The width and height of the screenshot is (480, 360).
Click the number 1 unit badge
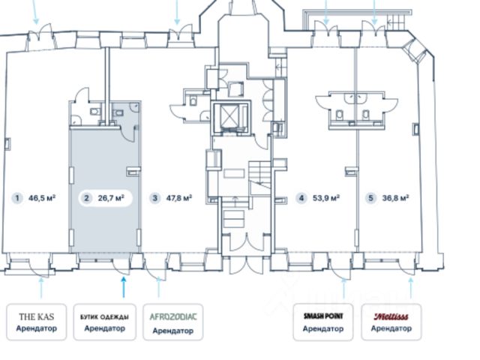point(17,198)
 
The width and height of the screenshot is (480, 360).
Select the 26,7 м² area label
point(111,198)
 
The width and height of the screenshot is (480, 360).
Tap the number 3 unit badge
point(155,198)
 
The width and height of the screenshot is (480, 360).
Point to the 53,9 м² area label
point(326,198)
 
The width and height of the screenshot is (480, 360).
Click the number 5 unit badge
point(370,198)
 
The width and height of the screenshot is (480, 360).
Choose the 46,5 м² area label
point(42,198)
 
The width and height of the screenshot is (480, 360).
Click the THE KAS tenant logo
point(37,316)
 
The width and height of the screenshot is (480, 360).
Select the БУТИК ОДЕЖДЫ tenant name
point(105,317)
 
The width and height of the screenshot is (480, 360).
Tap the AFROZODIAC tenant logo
point(173,316)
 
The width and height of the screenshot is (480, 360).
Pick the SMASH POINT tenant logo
point(323,316)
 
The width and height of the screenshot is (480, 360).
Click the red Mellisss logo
point(391,316)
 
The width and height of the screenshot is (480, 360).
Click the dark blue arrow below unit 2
point(124,287)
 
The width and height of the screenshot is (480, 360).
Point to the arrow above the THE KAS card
point(42,288)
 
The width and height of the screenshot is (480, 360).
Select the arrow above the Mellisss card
point(411,288)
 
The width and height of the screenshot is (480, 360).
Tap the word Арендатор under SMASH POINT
point(323,328)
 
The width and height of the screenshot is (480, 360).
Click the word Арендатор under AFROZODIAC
point(173,331)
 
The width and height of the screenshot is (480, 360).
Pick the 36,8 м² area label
point(396,198)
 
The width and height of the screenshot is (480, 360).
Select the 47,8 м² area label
point(179,198)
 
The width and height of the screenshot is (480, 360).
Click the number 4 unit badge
point(301,198)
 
